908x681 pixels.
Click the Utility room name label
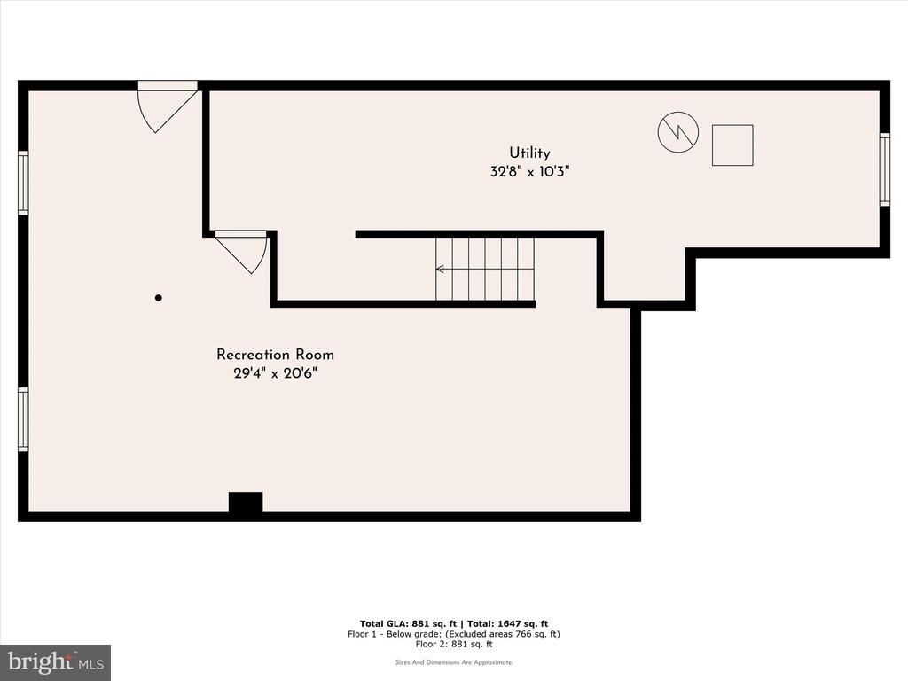(529, 153)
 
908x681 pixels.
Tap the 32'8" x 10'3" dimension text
(529, 171)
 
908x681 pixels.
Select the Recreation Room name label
(275, 355)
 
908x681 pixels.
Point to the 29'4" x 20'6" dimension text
(275, 373)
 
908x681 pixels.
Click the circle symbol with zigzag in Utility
(678, 132)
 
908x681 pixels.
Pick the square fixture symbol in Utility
(732, 145)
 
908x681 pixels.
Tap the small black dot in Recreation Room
(158, 298)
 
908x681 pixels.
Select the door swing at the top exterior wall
(167, 106)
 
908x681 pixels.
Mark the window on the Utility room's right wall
(884, 169)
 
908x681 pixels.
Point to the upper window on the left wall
(23, 183)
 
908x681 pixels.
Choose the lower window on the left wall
(23, 419)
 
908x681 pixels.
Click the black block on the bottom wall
(246, 503)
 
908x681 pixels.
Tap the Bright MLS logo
(55, 662)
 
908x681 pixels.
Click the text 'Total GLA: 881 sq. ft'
(408, 623)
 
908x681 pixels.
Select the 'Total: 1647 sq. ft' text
(506, 623)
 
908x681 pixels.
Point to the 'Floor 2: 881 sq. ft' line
(454, 644)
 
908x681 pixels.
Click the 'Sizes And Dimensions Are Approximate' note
(454, 662)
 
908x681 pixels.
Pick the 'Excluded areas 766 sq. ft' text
(503, 634)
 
